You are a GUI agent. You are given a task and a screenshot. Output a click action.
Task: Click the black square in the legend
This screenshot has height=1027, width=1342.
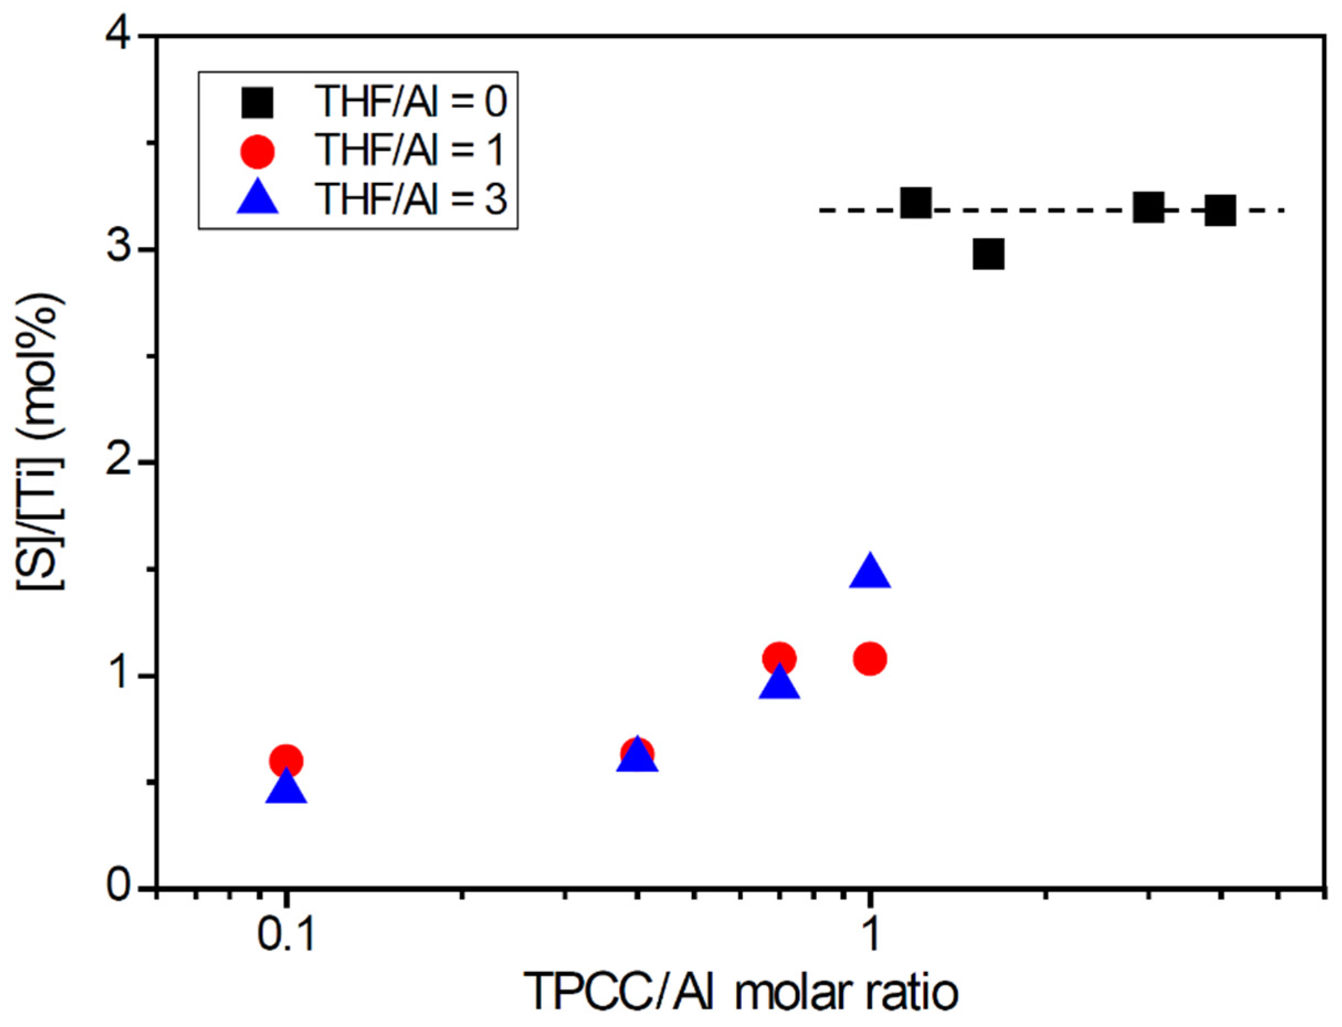tap(257, 102)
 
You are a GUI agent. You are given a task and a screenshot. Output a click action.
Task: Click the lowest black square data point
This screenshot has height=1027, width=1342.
tap(988, 255)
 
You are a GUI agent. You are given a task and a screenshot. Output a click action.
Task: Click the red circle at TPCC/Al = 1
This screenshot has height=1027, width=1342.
tap(870, 659)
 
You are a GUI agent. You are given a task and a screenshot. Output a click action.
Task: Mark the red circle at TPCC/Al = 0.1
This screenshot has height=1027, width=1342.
tap(286, 762)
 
